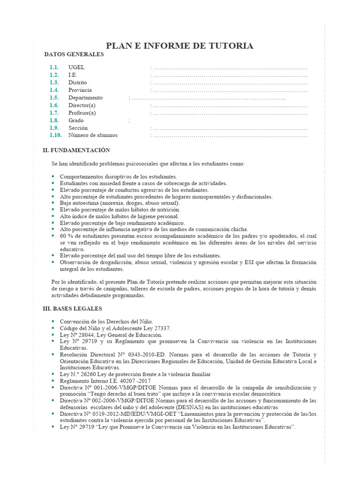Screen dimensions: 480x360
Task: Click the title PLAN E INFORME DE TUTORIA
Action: pyautogui.click(x=180, y=45)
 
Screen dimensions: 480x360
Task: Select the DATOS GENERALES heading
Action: pyautogui.click(x=74, y=55)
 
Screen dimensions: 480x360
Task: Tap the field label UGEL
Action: pyautogui.click(x=76, y=67)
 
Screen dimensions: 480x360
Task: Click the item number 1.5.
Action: pyautogui.click(x=54, y=97)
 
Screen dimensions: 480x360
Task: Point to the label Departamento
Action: pyautogui.click(x=85, y=97)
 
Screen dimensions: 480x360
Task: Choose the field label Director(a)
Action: pyautogui.click(x=82, y=105)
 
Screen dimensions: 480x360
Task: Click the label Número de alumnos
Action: pyautogui.click(x=93, y=135)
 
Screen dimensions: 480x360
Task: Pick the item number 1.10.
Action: pyautogui.click(x=55, y=135)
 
